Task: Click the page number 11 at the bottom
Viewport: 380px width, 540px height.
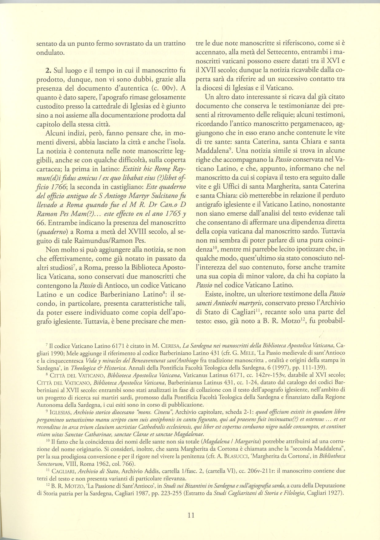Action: pos(190,515)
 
